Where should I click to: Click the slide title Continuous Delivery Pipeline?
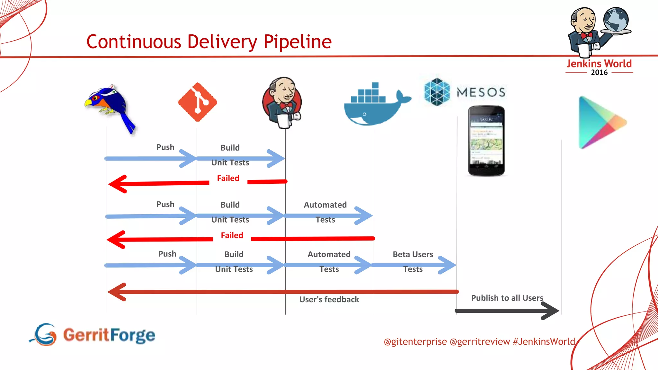coord(209,42)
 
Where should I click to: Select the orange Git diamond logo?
coord(197,102)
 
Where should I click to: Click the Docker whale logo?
coord(374,106)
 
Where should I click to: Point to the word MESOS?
coord(481,92)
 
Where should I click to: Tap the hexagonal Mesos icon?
coord(437,92)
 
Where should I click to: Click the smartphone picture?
coord(486,141)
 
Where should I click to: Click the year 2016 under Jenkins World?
coord(599,73)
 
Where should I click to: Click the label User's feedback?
coord(329,299)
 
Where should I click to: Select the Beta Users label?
coord(413,254)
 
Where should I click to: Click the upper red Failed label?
coord(228,178)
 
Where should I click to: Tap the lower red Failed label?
coord(232,235)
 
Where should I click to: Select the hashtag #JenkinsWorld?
coord(544,341)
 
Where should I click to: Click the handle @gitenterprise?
coord(415,341)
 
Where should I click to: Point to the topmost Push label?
coord(165,147)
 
